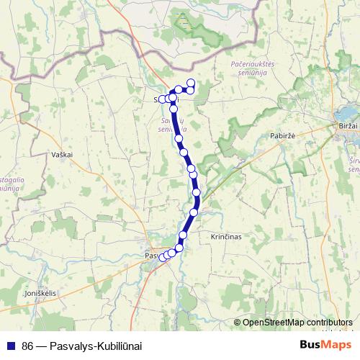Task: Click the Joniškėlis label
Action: [x=40, y=294]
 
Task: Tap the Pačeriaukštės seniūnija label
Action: [x=250, y=69]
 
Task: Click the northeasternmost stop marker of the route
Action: [x=192, y=83]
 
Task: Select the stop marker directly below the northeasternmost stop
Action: [x=191, y=89]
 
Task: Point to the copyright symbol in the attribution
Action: [x=238, y=322]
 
